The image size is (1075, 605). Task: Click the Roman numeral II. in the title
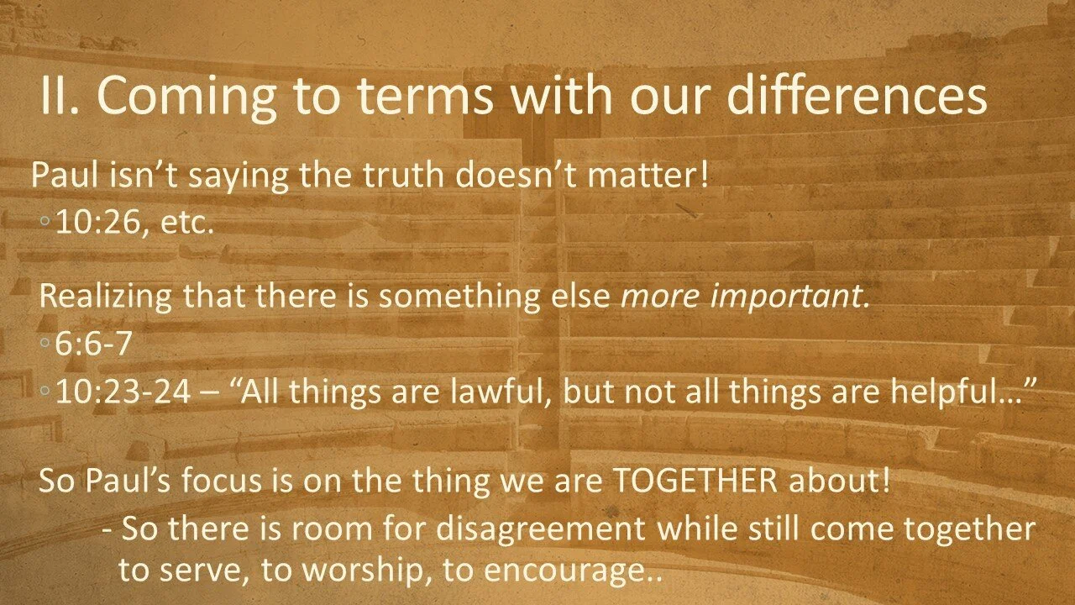point(60,98)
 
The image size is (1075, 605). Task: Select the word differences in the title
point(856,98)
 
